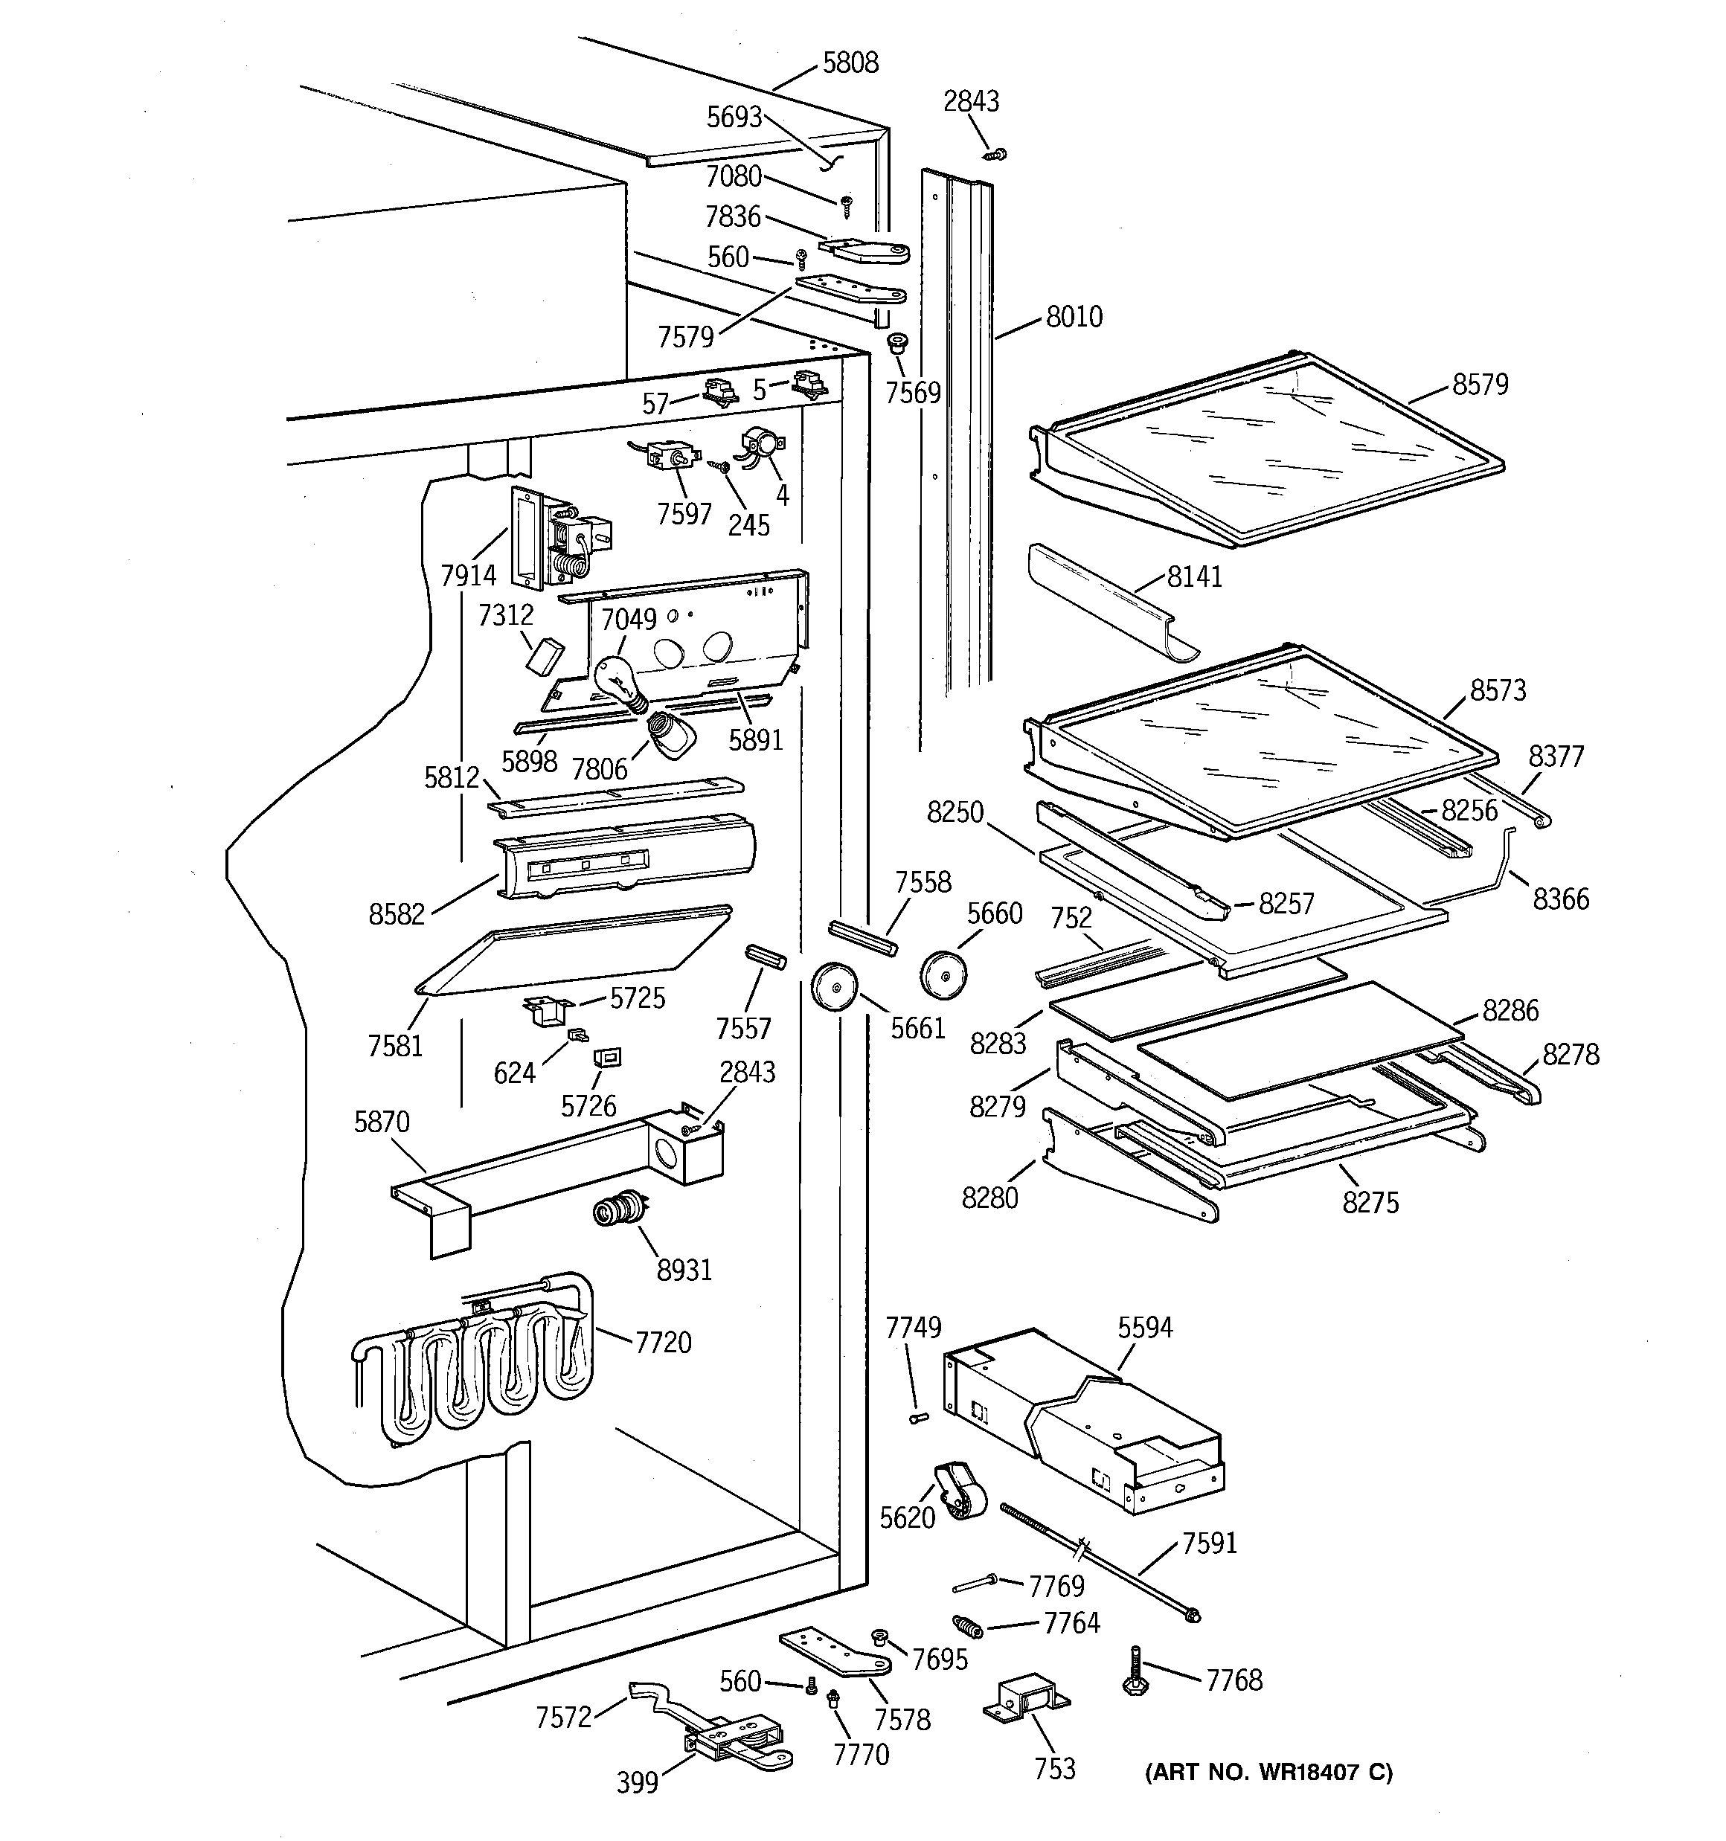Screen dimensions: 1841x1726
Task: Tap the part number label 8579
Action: coord(1480,385)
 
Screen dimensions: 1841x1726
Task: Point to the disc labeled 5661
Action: coord(834,987)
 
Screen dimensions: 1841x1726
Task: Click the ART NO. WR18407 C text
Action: coord(1268,1773)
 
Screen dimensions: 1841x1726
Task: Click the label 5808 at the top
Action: coord(850,63)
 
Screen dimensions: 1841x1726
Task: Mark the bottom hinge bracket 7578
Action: coord(834,1655)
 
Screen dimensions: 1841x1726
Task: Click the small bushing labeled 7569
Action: coord(896,345)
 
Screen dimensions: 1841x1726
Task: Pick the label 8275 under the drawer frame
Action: coord(1370,1202)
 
